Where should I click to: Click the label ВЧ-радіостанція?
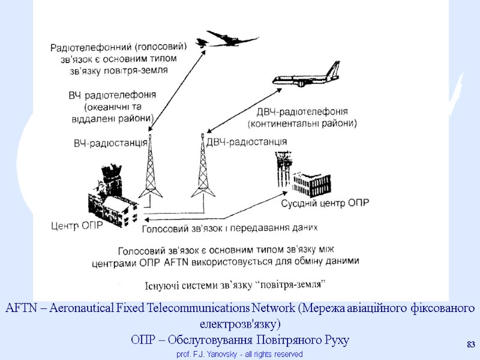point(110,143)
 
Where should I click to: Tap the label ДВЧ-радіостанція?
point(246,142)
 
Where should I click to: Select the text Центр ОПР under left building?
point(76,226)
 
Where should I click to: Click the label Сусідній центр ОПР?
point(325,202)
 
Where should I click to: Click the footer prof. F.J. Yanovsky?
point(239,354)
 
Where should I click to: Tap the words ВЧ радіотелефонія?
point(112,95)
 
